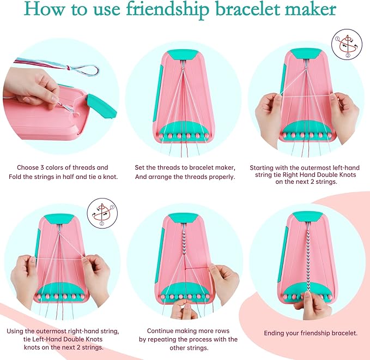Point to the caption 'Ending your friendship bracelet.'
pyautogui.click(x=311, y=333)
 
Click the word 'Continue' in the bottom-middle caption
pyautogui.click(x=161, y=331)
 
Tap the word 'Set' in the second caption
pyautogui.click(x=141, y=167)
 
